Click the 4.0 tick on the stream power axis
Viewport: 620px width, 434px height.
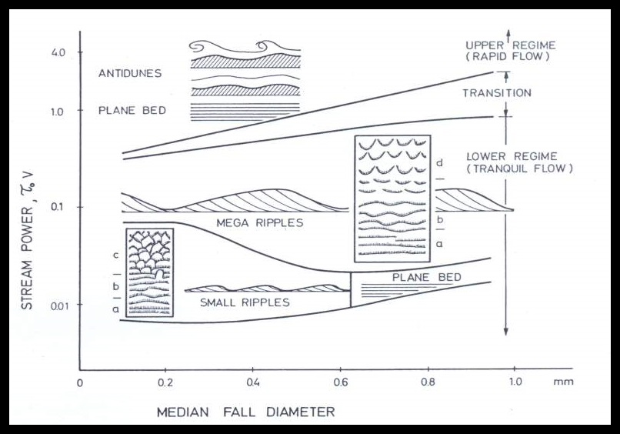pyautogui.click(x=58, y=52)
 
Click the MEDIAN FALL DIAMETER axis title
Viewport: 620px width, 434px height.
pyautogui.click(x=245, y=412)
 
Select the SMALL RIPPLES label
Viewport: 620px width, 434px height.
pyautogui.click(x=245, y=302)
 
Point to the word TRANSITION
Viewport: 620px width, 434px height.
pyautogui.click(x=496, y=93)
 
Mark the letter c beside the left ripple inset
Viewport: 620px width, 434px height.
pyautogui.click(x=114, y=255)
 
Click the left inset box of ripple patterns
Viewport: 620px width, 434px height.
pyautogui.click(x=149, y=272)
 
